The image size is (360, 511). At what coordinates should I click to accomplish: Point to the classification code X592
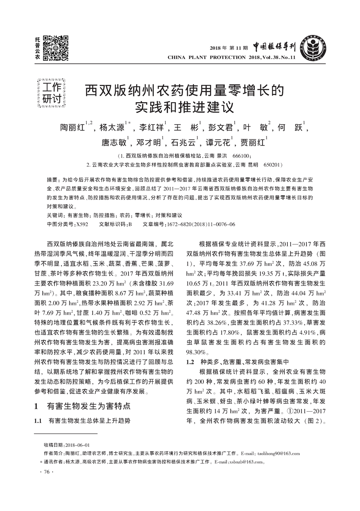click(x=82, y=224)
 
